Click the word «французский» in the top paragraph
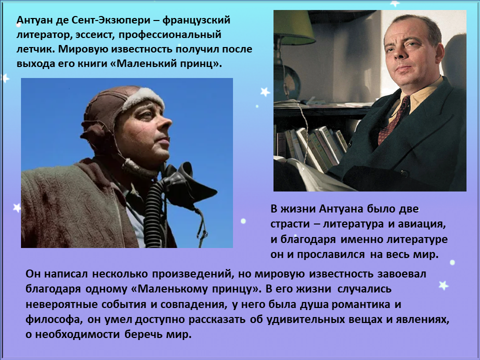point(196,20)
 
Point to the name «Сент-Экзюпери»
point(111,20)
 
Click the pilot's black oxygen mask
point(190,183)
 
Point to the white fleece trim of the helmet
point(143,98)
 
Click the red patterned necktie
point(393,120)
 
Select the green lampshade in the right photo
point(293,28)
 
